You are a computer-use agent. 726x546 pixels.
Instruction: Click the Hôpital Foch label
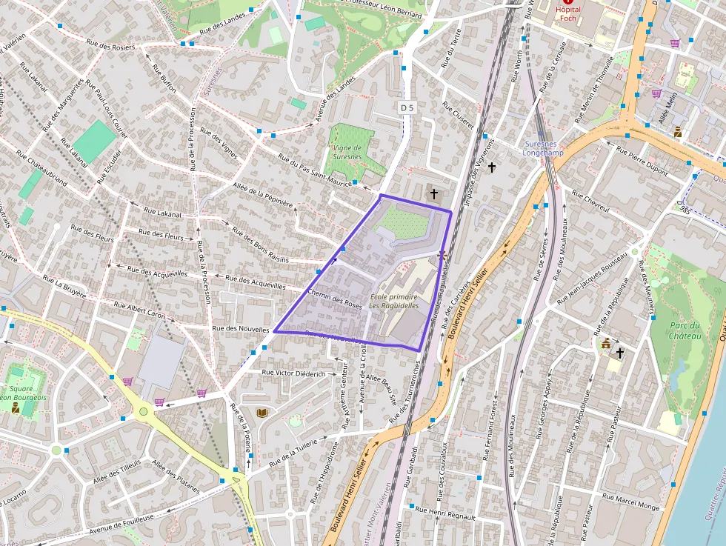tap(567, 13)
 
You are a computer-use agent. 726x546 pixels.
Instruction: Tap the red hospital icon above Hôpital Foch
tap(568, 2)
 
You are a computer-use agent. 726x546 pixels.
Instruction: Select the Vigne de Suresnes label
tap(347, 152)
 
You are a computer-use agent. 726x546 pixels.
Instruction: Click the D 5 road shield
tap(406, 107)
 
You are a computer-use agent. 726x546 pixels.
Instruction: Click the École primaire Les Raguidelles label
tap(394, 301)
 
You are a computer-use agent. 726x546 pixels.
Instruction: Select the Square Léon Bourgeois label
tap(22, 393)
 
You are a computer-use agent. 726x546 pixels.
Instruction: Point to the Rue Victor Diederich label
tap(293, 373)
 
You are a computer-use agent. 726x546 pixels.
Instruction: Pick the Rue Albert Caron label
tap(141, 311)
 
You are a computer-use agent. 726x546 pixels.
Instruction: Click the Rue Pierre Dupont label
tap(642, 156)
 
